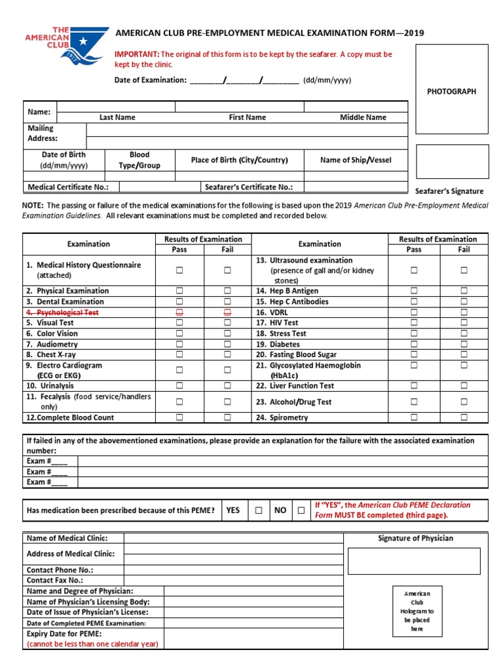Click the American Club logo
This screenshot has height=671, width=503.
[x=71, y=46]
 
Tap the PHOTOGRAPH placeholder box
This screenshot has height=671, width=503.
[x=452, y=90]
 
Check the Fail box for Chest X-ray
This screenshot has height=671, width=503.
[x=227, y=355]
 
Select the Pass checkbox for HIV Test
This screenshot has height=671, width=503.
[x=414, y=323]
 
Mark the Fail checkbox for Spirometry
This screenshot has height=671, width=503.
[x=464, y=417]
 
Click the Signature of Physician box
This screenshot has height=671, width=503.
[x=414, y=561]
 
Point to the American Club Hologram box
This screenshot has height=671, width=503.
[x=417, y=611]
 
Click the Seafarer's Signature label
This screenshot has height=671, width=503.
[x=449, y=191]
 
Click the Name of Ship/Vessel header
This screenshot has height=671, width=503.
[x=356, y=160]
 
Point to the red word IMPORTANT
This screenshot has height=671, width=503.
[x=137, y=54]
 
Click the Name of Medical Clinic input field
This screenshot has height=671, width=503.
[x=233, y=539]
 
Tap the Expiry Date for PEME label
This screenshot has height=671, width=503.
[x=64, y=634]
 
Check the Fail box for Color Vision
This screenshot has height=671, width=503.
[x=227, y=334]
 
